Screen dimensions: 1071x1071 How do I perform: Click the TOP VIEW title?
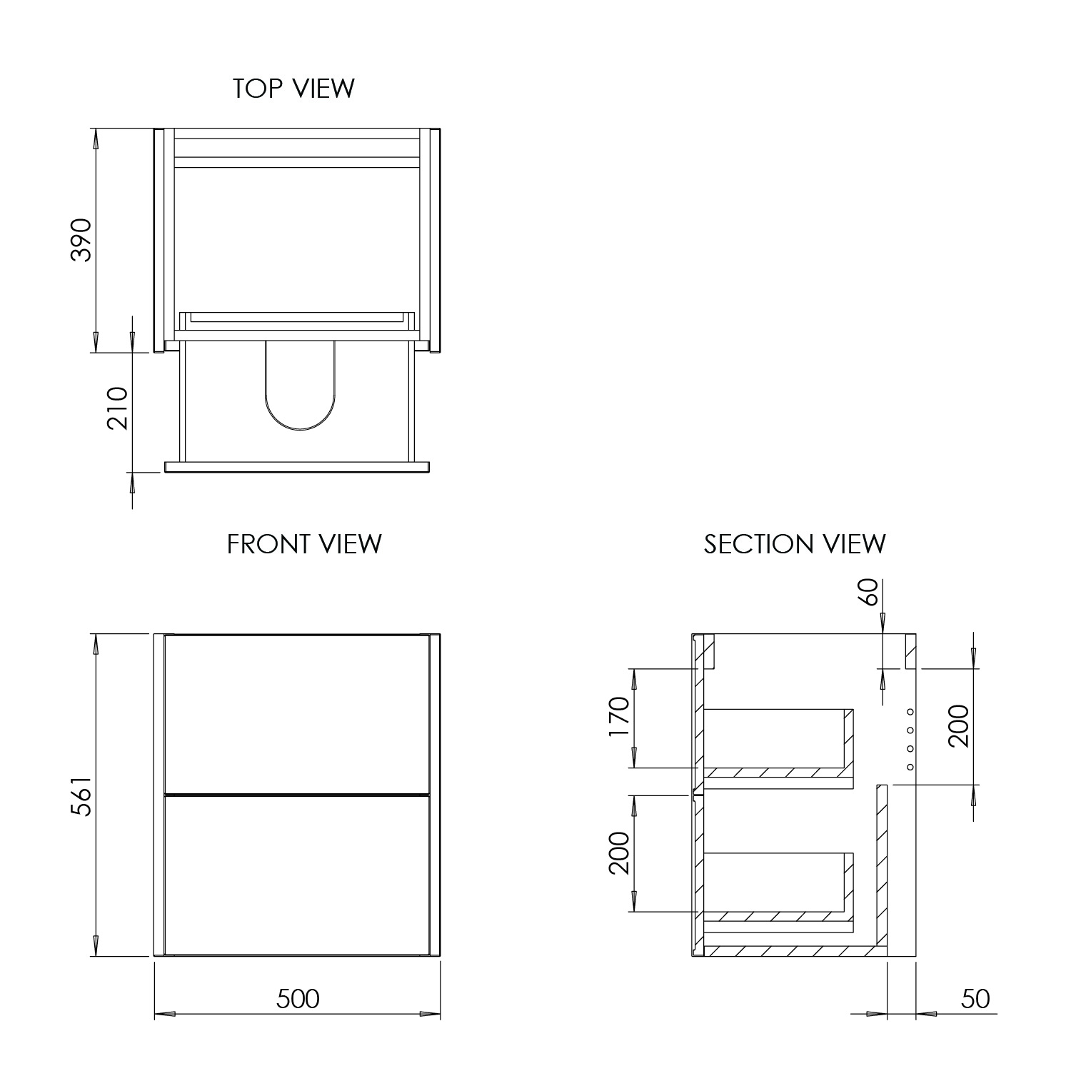coord(293,89)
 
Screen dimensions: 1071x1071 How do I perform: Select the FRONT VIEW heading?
coord(304,544)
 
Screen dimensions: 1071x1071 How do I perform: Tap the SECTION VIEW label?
coord(794,544)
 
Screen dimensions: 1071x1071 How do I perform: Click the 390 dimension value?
coord(82,240)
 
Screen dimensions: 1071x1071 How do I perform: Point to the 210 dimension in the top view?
coord(117,408)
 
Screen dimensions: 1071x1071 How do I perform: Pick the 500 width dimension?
coord(298,999)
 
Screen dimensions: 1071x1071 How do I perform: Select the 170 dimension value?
coord(619,719)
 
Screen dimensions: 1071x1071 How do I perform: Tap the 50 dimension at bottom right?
coord(975,999)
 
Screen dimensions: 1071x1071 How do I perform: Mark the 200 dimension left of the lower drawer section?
coord(619,854)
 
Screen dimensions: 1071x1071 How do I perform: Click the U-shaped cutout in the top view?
coord(300,389)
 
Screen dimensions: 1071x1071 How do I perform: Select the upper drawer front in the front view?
coord(297,713)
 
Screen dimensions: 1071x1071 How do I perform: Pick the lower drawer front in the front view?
coord(297,875)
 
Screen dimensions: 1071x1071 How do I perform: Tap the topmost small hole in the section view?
coord(910,711)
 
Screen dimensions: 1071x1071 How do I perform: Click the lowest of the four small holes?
coord(910,767)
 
